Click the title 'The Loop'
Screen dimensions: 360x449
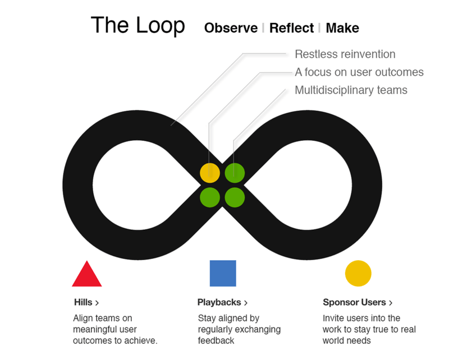click(138, 26)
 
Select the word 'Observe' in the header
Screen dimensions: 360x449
click(231, 28)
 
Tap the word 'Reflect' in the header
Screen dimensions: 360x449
click(291, 28)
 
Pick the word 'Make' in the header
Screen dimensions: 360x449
click(342, 28)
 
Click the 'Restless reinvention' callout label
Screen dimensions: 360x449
click(345, 54)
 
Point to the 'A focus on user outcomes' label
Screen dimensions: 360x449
click(359, 72)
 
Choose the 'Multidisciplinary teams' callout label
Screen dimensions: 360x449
click(351, 90)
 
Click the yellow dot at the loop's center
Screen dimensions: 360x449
click(210, 172)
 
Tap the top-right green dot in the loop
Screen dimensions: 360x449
click(235, 172)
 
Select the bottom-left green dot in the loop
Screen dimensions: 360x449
click(210, 197)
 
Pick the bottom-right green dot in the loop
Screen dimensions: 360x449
click(235, 197)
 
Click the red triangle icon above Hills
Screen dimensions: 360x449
click(87, 275)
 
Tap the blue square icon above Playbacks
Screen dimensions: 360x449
click(223, 273)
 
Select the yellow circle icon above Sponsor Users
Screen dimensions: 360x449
click(358, 273)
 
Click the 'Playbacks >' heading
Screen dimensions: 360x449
click(222, 302)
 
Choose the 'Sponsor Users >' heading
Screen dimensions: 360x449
click(358, 302)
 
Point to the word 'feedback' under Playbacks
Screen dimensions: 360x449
click(216, 341)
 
